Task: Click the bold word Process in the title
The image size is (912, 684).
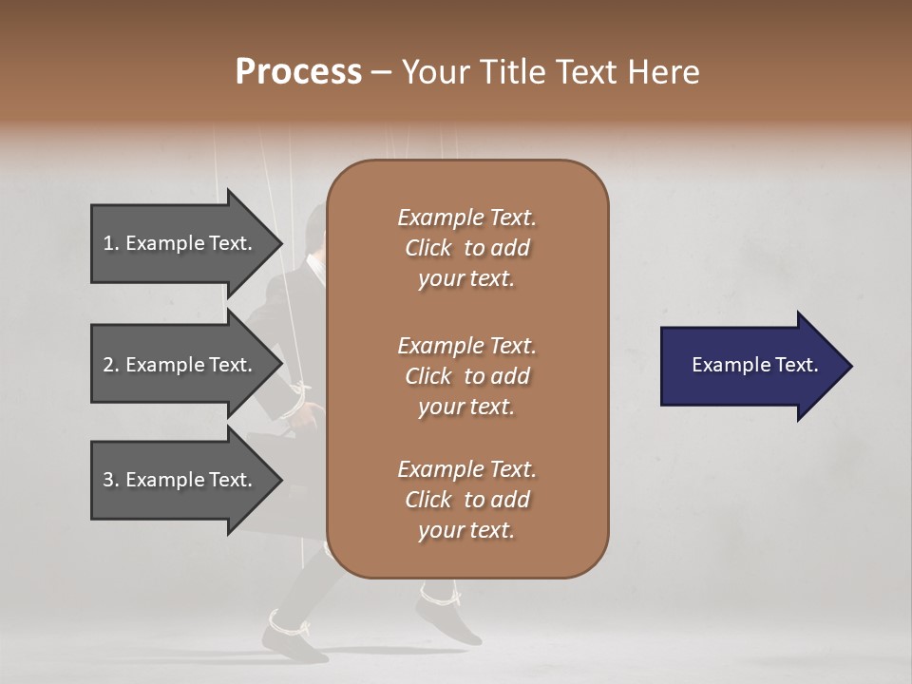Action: tap(298, 72)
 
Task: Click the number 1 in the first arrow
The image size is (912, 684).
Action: tap(108, 243)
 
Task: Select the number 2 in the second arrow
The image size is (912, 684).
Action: tap(108, 365)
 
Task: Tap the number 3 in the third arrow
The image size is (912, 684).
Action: tap(108, 480)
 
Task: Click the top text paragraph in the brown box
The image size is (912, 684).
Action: tap(466, 248)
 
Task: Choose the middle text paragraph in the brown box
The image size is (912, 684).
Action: tap(466, 376)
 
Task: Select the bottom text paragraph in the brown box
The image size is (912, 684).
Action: tap(466, 500)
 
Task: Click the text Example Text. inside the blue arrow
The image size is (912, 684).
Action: tap(755, 365)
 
